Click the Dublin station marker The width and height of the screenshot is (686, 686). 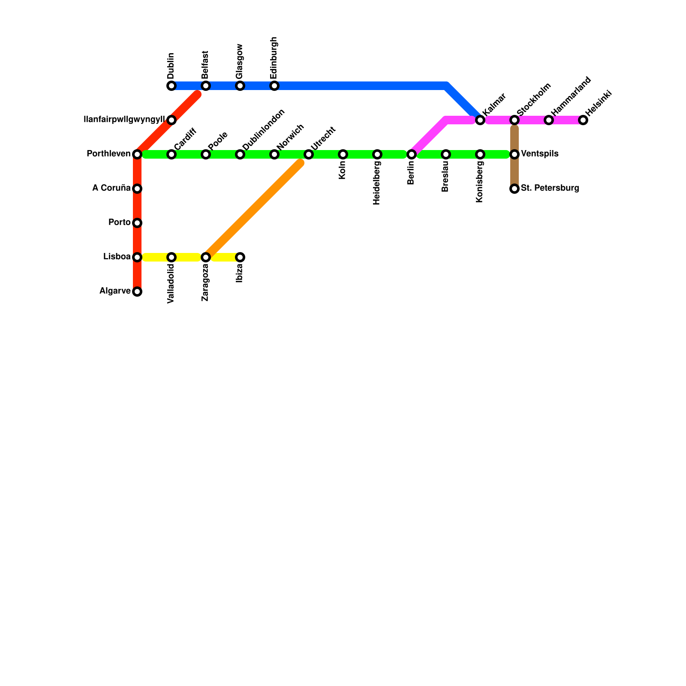[x=171, y=86]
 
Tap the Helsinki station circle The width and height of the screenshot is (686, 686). [x=583, y=120]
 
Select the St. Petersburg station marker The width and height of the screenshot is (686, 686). [x=514, y=189]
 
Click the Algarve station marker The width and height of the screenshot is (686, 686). [x=137, y=292]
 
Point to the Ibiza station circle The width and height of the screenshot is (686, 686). [x=240, y=257]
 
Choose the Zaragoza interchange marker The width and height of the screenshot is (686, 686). [x=206, y=257]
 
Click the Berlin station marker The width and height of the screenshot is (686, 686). [x=412, y=154]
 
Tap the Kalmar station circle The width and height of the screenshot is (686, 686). [x=480, y=120]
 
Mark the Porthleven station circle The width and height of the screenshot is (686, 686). [x=137, y=154]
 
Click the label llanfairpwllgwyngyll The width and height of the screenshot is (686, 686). [x=124, y=120]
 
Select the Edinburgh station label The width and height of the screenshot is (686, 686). [x=274, y=57]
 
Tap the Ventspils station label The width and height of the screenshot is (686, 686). [x=539, y=154]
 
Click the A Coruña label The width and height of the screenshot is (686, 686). [x=111, y=188]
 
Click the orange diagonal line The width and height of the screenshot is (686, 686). [x=253, y=210]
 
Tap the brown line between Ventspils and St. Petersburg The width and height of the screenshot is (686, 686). [x=514, y=171]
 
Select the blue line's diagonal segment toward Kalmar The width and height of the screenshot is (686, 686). [x=463, y=103]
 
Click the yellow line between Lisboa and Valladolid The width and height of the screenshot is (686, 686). [x=154, y=257]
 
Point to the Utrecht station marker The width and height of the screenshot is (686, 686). [x=309, y=154]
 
